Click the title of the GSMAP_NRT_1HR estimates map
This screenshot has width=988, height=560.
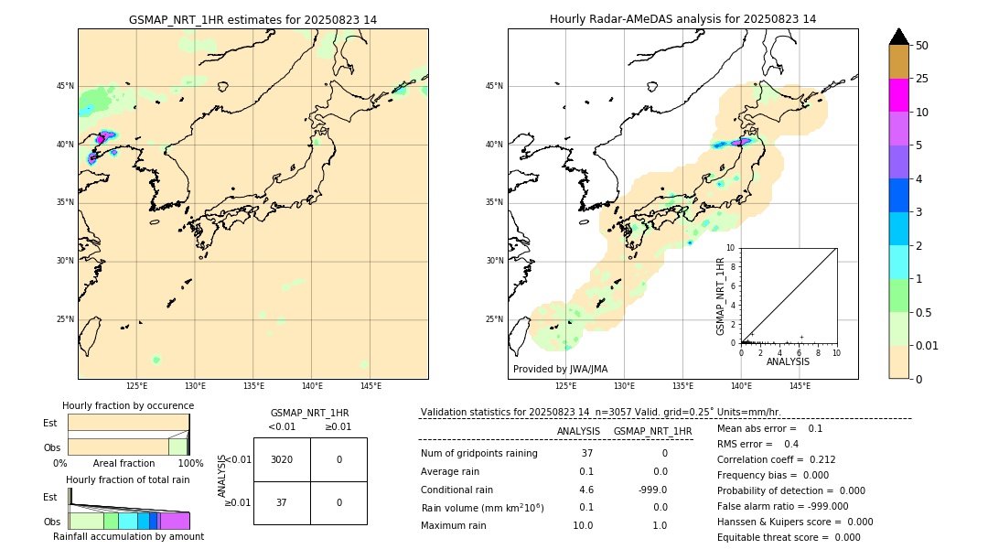252,19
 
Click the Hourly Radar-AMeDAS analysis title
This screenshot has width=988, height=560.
682,19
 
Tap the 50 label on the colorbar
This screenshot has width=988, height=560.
922,46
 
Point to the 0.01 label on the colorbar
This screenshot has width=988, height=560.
928,345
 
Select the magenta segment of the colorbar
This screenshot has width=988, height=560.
898,95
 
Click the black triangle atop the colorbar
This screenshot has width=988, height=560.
898,37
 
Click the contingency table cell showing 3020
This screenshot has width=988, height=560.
282,459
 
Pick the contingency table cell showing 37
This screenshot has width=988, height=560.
282,502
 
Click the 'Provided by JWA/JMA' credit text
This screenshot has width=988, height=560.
560,369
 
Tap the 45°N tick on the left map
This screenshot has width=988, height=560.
65,86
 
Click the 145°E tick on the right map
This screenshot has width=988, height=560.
800,386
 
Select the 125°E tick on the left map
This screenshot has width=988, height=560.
136,386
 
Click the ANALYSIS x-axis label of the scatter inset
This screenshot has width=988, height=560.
788,361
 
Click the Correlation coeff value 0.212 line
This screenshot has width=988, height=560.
776,460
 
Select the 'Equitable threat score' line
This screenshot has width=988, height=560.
789,538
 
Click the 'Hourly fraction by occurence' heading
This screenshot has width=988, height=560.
128,405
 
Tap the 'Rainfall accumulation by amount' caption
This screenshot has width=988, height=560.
128,536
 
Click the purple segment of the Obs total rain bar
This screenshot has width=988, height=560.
175,521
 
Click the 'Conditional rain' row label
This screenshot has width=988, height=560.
456,490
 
